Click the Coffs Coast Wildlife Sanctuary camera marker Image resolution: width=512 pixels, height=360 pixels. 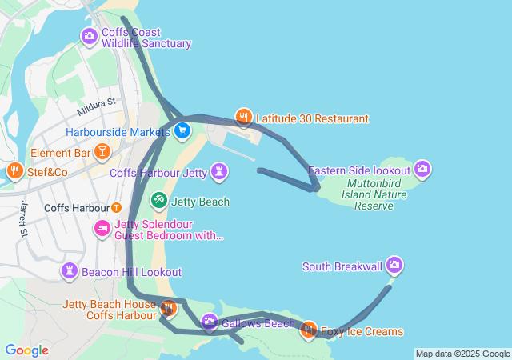(89, 36)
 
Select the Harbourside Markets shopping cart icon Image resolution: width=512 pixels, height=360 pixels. (182, 130)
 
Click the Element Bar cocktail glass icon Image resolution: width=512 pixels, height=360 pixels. (102, 151)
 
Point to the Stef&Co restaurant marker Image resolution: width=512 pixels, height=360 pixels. (14, 170)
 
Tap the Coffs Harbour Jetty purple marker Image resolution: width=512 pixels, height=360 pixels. (218, 172)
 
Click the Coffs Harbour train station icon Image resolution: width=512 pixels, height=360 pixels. (117, 208)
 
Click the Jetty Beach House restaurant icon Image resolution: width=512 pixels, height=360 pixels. (168, 307)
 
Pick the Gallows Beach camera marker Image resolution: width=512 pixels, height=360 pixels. (210, 322)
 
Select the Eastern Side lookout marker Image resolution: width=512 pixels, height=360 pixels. (423, 169)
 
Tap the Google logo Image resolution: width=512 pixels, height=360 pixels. (26, 350)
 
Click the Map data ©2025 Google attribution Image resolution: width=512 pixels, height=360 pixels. (463, 354)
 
